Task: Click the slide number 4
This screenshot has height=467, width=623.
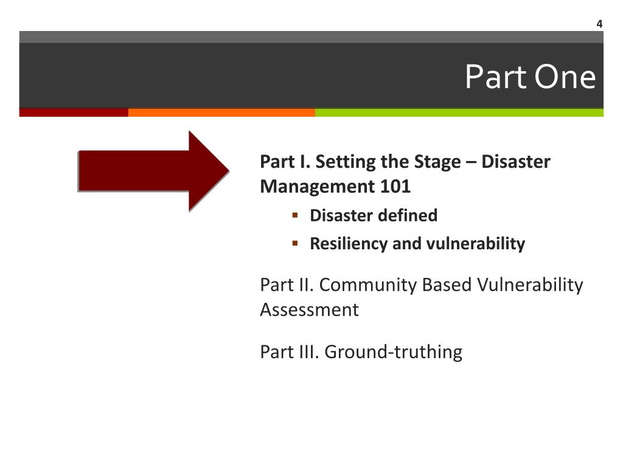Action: [x=599, y=24]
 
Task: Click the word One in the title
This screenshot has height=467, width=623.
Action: [x=566, y=78]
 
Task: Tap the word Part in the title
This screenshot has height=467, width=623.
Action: [x=490, y=78]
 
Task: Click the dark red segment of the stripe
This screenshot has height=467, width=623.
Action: [x=74, y=112]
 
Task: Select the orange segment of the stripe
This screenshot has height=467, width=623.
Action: [x=221, y=112]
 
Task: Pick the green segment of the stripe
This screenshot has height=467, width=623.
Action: [x=459, y=112]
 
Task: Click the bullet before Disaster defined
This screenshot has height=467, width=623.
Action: [x=295, y=215]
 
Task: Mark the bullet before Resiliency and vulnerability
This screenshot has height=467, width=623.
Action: [x=295, y=243]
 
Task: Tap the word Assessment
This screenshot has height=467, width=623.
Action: [x=309, y=310]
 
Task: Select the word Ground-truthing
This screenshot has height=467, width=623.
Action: [x=394, y=352]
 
